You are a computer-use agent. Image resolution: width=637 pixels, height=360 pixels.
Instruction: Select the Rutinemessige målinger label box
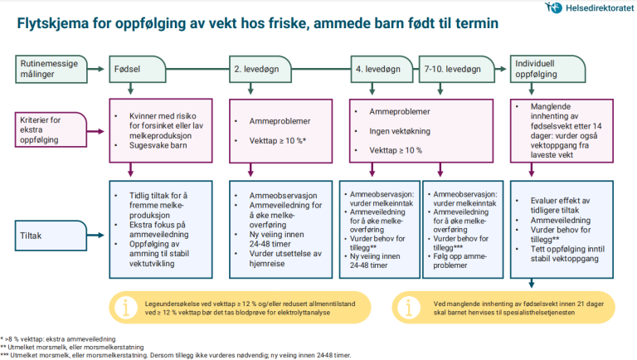(49, 67)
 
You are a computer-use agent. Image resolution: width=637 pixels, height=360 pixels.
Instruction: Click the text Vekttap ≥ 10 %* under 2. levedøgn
(279, 142)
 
